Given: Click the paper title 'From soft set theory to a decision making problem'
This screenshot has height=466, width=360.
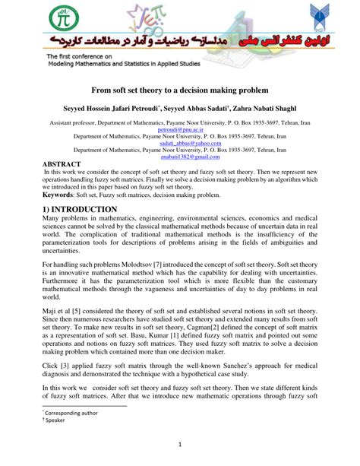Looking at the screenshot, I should tap(179, 90).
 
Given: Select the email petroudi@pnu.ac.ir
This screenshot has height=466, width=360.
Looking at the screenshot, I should tap(179, 130).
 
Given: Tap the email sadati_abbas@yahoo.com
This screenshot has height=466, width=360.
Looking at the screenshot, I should tap(179, 144).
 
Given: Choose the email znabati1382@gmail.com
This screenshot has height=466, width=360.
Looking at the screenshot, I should tap(179, 157).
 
